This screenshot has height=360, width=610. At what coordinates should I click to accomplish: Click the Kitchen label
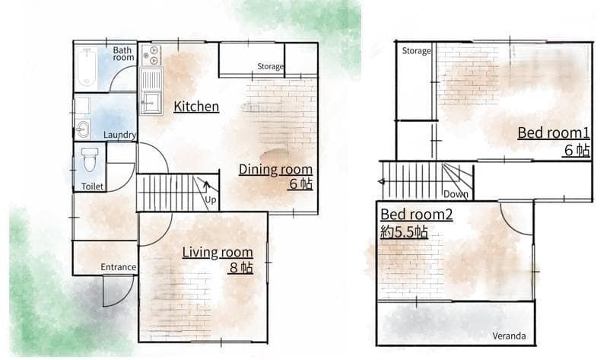point(196,107)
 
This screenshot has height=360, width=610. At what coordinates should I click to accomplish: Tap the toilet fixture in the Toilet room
point(90,159)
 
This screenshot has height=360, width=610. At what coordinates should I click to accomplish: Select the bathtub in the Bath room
point(87,67)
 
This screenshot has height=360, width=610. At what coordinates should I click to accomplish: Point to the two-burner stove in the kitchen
point(151,56)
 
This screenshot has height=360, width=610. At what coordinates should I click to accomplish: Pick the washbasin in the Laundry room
point(83,129)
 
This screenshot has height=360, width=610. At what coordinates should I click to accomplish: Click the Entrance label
point(118,267)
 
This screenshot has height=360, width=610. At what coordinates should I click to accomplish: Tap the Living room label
point(218,252)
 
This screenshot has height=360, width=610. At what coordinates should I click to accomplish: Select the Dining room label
point(275,169)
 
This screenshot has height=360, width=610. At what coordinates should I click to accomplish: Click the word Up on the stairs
point(210,199)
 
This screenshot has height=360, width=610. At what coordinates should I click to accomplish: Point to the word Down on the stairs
point(456,194)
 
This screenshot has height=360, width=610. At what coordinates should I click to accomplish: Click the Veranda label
point(509,336)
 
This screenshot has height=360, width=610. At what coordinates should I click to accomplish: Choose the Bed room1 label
point(553,132)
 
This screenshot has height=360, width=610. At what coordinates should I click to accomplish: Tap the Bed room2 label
point(416,215)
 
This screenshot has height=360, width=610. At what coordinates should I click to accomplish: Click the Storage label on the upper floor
point(416,50)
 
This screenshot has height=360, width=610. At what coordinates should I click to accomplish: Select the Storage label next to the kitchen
point(270,66)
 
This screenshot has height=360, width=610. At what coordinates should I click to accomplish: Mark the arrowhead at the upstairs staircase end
point(382,182)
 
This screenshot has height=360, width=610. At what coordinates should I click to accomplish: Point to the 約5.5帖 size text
point(404,232)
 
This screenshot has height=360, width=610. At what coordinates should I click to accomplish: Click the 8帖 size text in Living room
point(241,268)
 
